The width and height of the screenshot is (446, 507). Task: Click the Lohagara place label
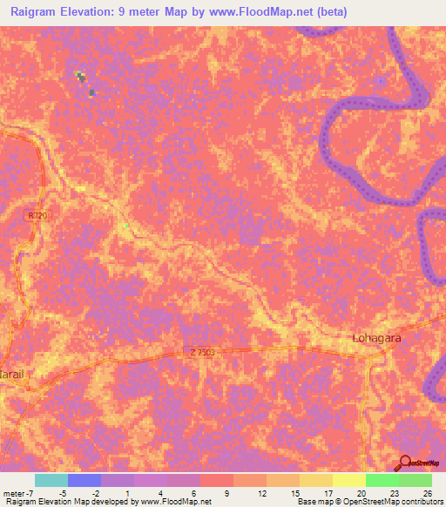(x=375, y=337)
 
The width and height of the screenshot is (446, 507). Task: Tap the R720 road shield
(x=35, y=215)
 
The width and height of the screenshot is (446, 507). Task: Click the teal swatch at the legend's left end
(x=51, y=480)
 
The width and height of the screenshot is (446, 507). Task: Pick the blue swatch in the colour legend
(x=84, y=480)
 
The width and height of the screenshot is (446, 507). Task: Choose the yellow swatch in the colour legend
(x=349, y=480)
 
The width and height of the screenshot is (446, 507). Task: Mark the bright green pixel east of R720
(x=126, y=226)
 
